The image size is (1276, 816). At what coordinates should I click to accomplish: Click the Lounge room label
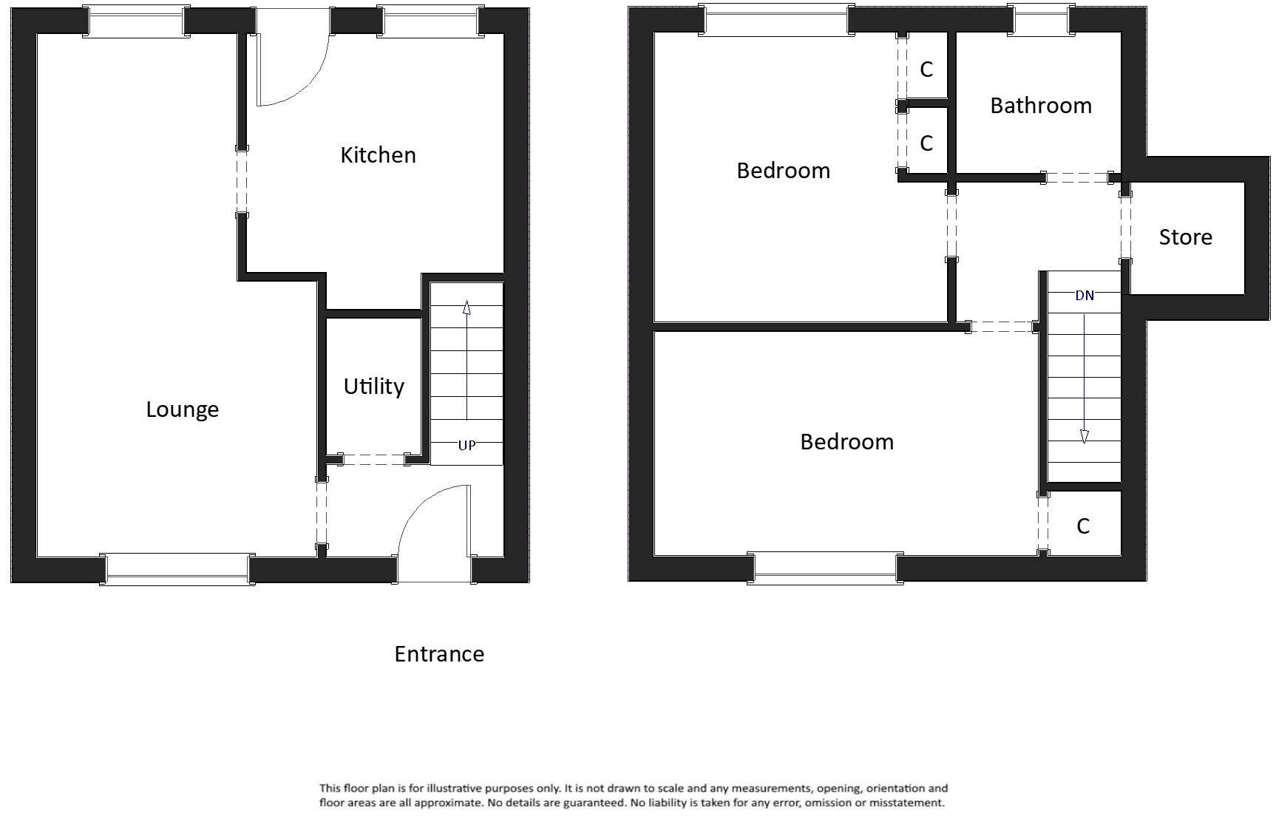pyautogui.click(x=182, y=409)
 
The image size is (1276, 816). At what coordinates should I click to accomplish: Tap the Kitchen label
pyautogui.click(x=378, y=155)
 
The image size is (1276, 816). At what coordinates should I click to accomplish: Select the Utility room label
pyautogui.click(x=373, y=387)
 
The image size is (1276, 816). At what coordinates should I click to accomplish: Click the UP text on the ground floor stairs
pyautogui.click(x=466, y=445)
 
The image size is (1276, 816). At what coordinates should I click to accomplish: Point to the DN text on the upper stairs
pyautogui.click(x=1084, y=296)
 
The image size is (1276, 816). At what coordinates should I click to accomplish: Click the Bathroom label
pyautogui.click(x=1040, y=106)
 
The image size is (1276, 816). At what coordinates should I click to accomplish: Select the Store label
pyautogui.click(x=1185, y=237)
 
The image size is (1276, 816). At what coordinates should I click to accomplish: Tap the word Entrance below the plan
pyautogui.click(x=439, y=654)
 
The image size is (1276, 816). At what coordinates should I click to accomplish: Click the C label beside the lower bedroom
pyautogui.click(x=1083, y=526)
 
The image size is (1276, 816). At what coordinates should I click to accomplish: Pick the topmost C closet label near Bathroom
pyautogui.click(x=926, y=69)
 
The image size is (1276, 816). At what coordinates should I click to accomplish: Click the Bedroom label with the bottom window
pyautogui.click(x=846, y=442)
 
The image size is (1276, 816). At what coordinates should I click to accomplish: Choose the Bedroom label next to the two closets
pyautogui.click(x=783, y=171)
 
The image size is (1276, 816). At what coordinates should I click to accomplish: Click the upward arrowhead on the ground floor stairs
pyautogui.click(x=466, y=307)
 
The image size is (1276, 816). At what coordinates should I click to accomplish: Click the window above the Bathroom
pyautogui.click(x=1041, y=20)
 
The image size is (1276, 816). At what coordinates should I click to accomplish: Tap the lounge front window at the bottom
pyautogui.click(x=177, y=569)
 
